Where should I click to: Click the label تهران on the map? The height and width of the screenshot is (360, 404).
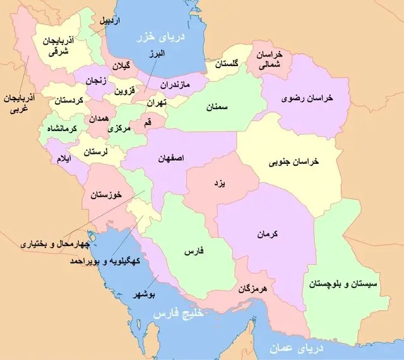pos(154,102)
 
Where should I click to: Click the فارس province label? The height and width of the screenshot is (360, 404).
pos(192,251)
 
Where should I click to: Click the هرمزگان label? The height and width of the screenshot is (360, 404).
pos(255,290)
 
